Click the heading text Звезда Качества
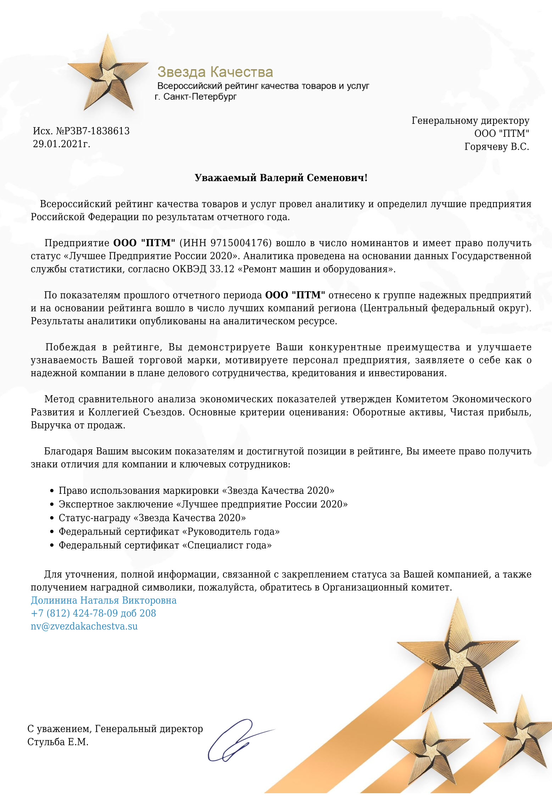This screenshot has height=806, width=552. pyautogui.click(x=215, y=72)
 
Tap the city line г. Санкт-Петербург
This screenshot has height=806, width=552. pyautogui.click(x=196, y=96)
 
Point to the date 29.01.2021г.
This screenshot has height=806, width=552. pyautogui.click(x=62, y=144)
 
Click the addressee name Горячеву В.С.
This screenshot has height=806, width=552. pyautogui.click(x=496, y=147)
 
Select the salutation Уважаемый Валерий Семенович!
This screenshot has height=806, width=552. pyautogui.click(x=281, y=178)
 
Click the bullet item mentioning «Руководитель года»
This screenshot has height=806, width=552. pyautogui.click(x=169, y=531)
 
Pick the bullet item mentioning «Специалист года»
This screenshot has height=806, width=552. pyautogui.click(x=165, y=545)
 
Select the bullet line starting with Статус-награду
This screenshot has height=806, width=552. pyautogui.click(x=152, y=518)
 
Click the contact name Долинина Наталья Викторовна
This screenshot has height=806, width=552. pyautogui.click(x=104, y=600)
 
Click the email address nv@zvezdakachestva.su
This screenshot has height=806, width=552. pyautogui.click(x=84, y=626)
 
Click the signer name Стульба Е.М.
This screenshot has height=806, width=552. pyautogui.click(x=58, y=742)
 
